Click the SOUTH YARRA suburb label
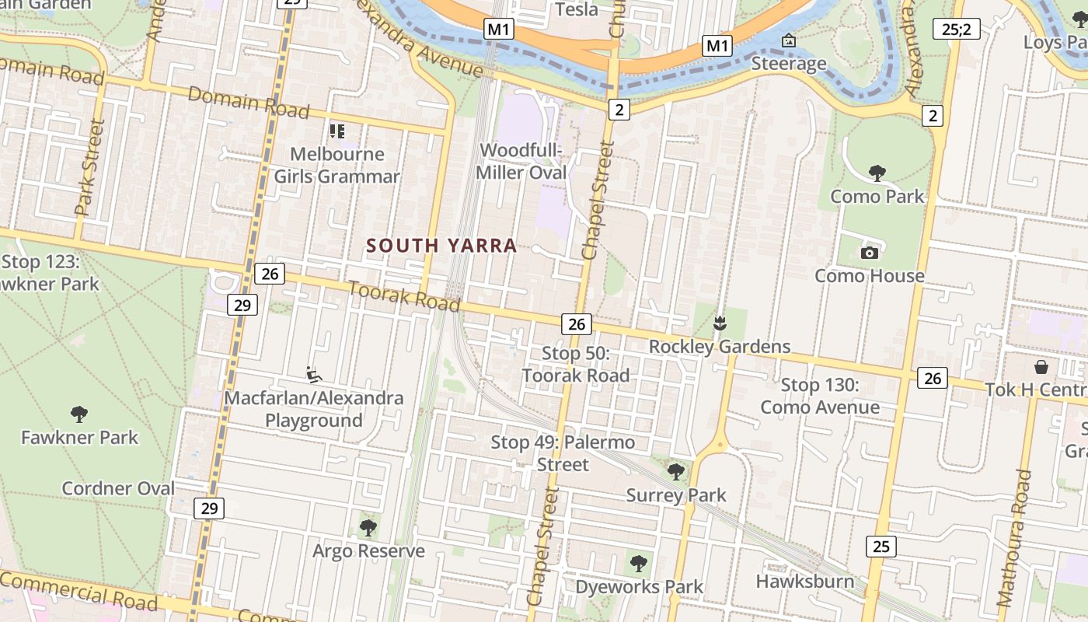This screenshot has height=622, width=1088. click(x=441, y=246)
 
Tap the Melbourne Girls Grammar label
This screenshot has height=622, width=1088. click(x=337, y=165)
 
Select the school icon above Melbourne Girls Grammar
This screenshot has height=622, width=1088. click(x=337, y=131)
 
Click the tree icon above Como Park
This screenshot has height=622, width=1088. click(x=877, y=173)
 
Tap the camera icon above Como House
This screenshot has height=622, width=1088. click(x=870, y=253)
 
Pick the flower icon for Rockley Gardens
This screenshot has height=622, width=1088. click(x=720, y=322)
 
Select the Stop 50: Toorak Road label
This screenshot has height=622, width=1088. click(x=575, y=365)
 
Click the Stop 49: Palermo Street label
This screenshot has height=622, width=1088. click(x=563, y=453)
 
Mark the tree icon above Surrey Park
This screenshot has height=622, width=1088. click(x=676, y=471)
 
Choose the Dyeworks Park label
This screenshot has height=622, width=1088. click(x=639, y=586)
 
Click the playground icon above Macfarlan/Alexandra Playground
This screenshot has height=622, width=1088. click(x=313, y=375)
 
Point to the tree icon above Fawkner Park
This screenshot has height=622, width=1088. click(x=78, y=414)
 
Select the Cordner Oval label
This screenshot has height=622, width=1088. click(x=118, y=488)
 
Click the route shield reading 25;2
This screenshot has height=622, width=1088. click(x=955, y=29)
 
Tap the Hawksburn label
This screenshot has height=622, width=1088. click(x=804, y=581)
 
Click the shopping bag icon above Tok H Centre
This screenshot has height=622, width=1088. click(x=1041, y=366)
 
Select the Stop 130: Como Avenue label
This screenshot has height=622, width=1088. click(x=820, y=396)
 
